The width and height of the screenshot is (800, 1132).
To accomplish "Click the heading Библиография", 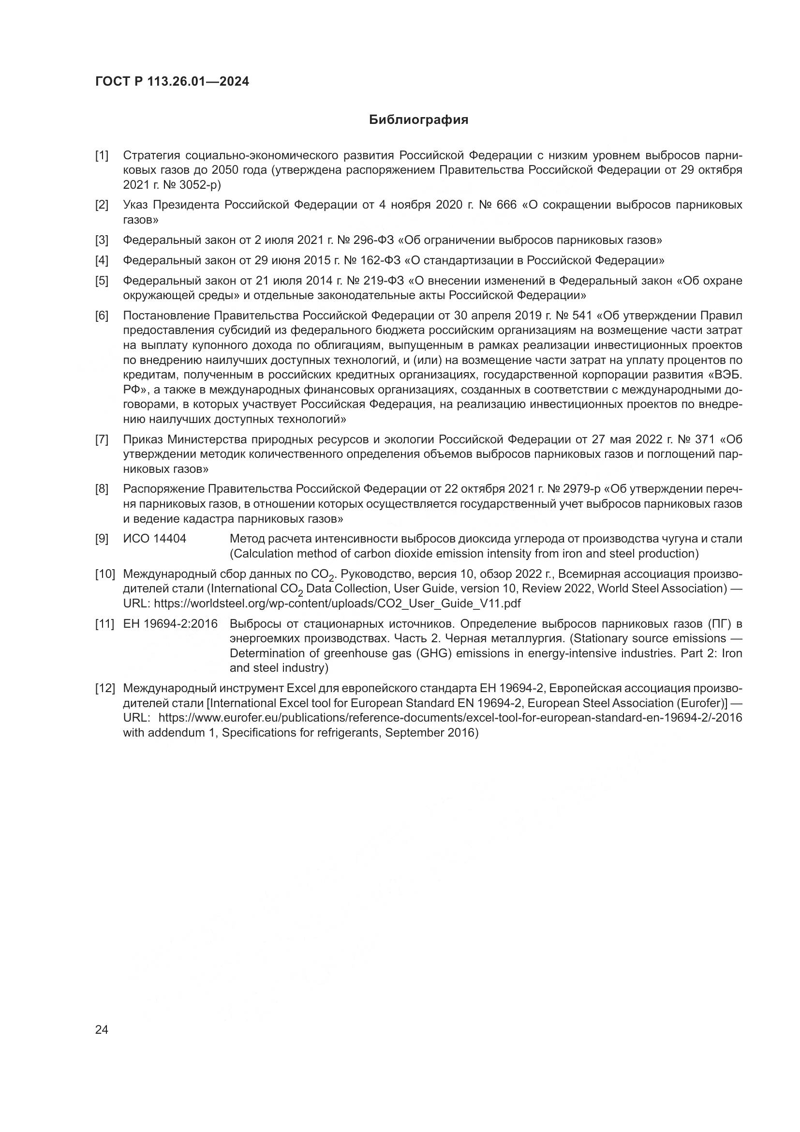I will [418, 120].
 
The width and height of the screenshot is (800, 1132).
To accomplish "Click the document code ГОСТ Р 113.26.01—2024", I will [172, 82].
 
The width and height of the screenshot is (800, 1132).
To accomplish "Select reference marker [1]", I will [102, 156].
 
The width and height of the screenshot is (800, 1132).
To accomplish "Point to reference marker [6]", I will [102, 316].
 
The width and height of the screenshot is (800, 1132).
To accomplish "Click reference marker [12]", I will [105, 688].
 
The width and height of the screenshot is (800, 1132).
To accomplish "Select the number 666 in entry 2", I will [506, 205].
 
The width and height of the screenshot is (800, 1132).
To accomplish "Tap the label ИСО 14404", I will [154, 539].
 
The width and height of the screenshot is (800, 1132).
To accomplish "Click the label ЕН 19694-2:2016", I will [170, 624].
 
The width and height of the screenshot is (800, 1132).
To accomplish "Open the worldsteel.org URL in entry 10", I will [337, 604].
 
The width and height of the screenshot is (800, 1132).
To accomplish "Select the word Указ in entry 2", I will [136, 205].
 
